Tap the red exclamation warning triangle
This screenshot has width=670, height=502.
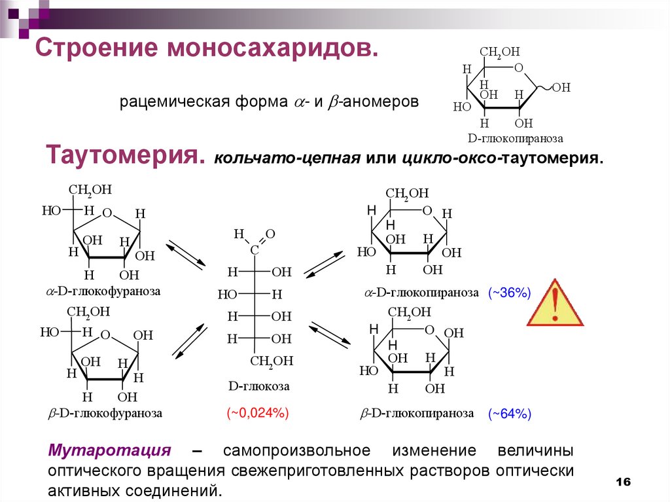click(555, 303)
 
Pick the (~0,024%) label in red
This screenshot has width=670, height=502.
click(258, 413)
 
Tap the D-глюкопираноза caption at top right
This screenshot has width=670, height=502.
click(516, 139)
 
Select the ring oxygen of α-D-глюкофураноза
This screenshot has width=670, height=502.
click(108, 212)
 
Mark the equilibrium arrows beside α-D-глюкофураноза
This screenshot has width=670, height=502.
click(185, 255)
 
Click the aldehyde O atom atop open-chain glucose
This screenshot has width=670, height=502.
click(270, 234)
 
